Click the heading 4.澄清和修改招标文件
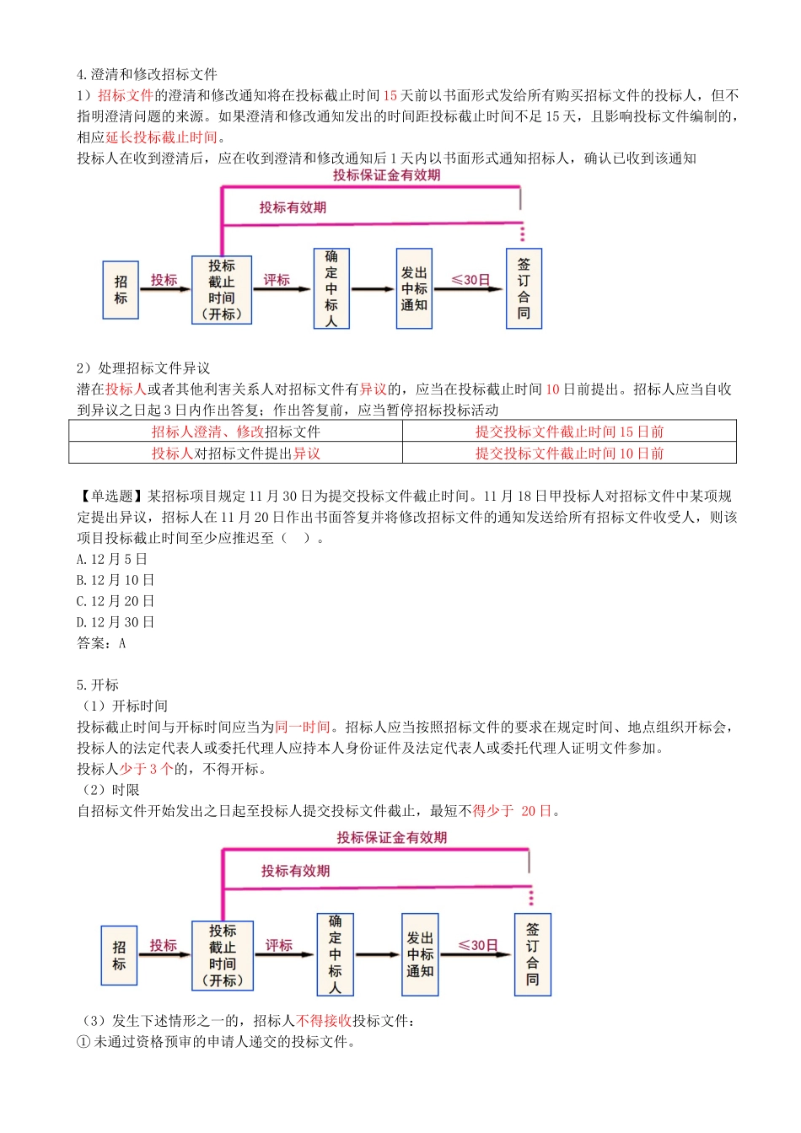coord(147,74)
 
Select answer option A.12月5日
coord(112,559)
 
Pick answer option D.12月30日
coord(116,622)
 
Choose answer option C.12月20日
coord(116,601)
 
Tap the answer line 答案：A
coord(101,643)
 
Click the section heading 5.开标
coord(98,685)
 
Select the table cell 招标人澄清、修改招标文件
coord(235,432)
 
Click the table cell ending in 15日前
coord(569,432)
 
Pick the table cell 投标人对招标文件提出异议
coord(235,454)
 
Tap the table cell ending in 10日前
coord(569,454)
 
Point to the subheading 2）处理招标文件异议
coord(143,368)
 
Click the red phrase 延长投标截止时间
coord(161,137)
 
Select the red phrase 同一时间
coord(303,727)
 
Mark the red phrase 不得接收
coord(324,1021)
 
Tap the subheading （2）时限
coord(110,790)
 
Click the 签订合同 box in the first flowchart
coord(524,288)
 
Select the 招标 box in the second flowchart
coord(119,955)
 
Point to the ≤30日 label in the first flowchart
coord(470,280)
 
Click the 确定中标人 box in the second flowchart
coord(335,954)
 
